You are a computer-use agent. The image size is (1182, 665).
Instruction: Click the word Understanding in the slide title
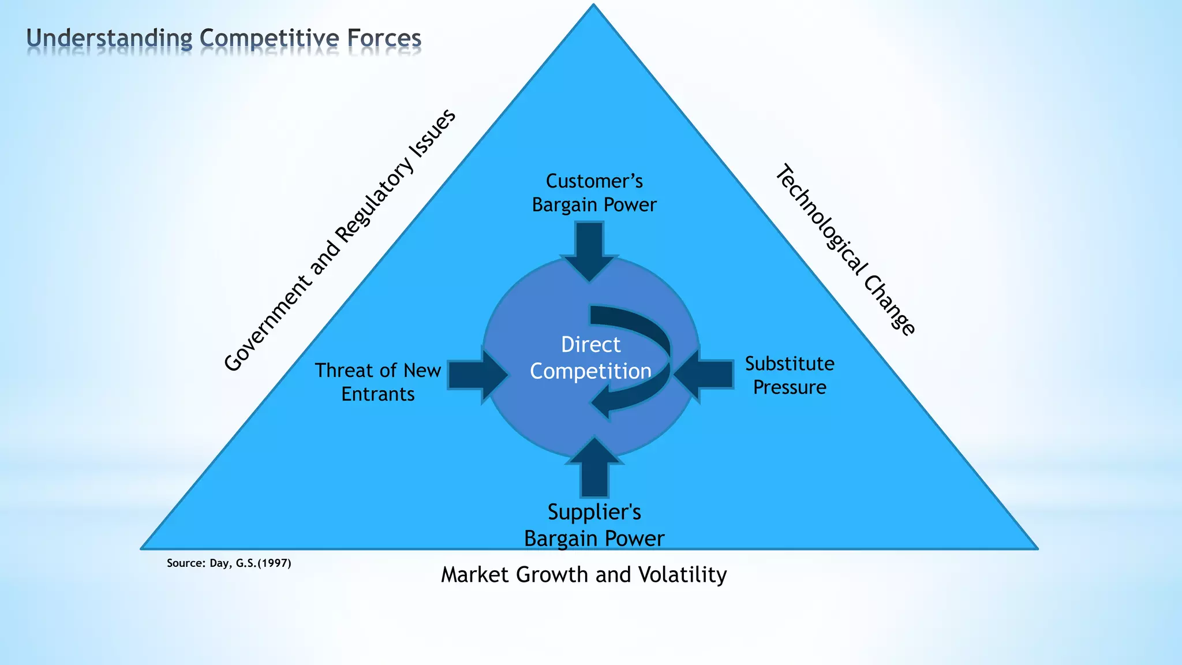(x=109, y=39)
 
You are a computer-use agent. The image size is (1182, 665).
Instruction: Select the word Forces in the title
(x=384, y=39)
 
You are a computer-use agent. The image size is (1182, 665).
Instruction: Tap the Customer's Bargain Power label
(x=594, y=193)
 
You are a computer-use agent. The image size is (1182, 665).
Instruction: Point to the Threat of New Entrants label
(x=378, y=382)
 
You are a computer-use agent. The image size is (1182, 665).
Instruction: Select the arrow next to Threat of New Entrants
(x=477, y=375)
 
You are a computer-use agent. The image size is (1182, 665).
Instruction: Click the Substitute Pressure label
(x=790, y=375)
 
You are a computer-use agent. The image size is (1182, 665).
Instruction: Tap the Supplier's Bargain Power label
(x=594, y=525)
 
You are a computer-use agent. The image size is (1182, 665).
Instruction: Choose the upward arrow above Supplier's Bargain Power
(x=594, y=468)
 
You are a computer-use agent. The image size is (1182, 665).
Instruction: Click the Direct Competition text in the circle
(x=590, y=358)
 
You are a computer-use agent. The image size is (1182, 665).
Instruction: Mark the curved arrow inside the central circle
(x=646, y=346)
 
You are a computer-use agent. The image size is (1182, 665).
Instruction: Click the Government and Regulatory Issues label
(x=340, y=241)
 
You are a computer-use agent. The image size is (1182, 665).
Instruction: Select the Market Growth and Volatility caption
(x=583, y=575)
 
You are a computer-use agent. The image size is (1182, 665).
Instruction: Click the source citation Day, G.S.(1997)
(x=229, y=563)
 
